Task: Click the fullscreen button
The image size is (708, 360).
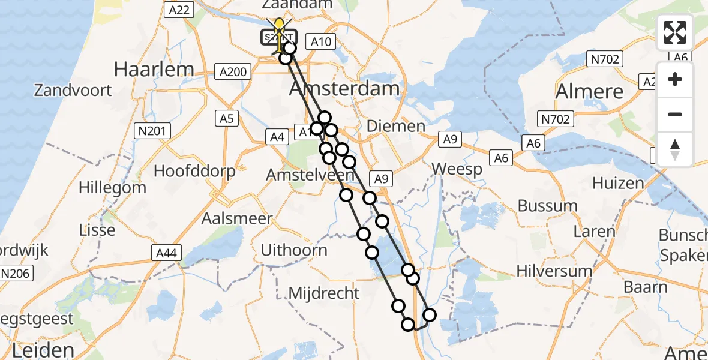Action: (675, 32)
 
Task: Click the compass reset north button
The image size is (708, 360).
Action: (675, 149)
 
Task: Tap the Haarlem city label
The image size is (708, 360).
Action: (154, 69)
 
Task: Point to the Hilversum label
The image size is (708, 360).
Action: (554, 271)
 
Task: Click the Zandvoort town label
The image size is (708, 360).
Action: (73, 91)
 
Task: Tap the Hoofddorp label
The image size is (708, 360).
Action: (194, 171)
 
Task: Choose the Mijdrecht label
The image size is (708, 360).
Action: (324, 293)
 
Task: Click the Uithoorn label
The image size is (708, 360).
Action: (294, 250)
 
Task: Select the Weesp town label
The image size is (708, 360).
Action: (457, 169)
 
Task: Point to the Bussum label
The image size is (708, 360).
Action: (547, 206)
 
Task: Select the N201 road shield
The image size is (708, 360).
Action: (154, 130)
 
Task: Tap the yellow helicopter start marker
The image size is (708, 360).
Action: (279, 27)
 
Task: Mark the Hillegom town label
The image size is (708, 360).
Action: (112, 187)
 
